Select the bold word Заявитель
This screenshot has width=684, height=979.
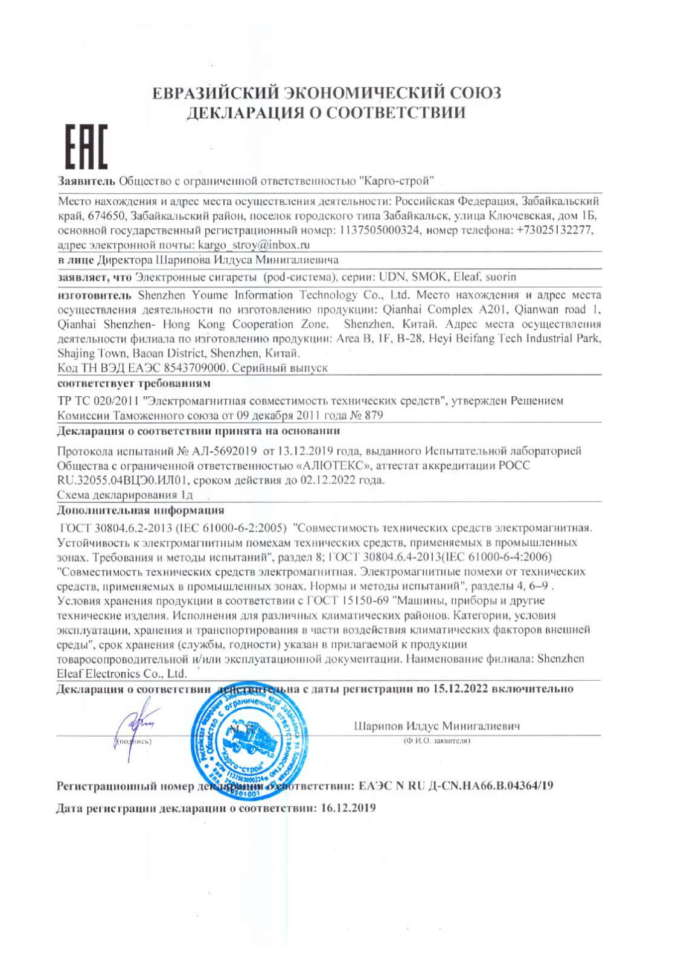86,181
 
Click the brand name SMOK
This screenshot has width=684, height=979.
430,277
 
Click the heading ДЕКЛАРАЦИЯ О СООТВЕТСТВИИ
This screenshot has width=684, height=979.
326,113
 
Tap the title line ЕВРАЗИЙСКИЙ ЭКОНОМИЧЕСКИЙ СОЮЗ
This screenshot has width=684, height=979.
326,94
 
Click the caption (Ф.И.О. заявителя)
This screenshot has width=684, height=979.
437,741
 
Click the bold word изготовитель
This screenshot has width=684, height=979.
94,295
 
